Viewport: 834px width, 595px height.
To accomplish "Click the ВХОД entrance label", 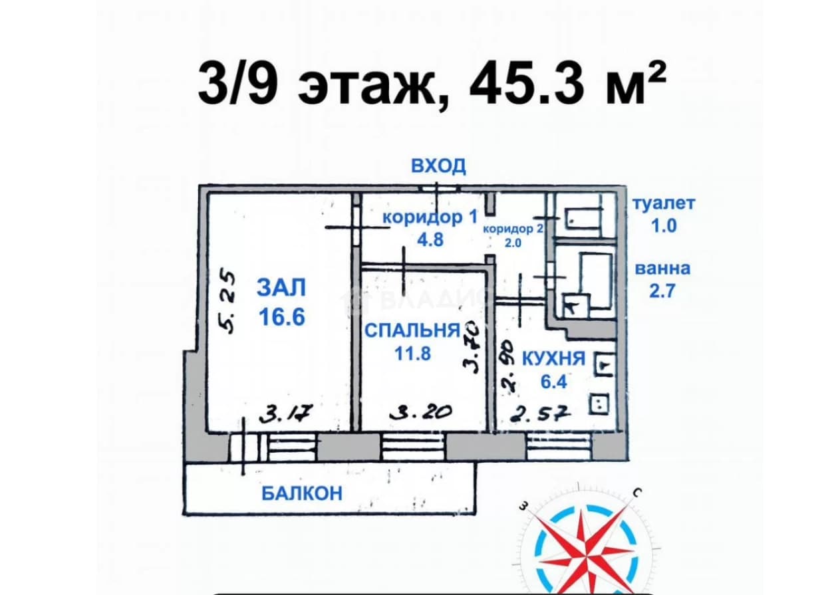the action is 438,166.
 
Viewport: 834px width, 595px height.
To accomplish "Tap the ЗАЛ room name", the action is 281,288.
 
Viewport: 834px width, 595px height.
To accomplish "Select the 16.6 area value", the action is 281,317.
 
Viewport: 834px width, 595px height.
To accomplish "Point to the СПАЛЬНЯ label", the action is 412,330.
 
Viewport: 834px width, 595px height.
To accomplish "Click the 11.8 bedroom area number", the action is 412,353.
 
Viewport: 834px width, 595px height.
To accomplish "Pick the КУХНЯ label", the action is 553,359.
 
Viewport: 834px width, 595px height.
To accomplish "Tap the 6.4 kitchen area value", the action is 553,382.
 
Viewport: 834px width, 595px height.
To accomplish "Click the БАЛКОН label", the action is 302,494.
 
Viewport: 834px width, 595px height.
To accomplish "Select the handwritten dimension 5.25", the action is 227,301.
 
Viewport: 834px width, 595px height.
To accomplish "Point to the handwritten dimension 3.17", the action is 285,414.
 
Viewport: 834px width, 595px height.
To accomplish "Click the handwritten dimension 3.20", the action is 421,412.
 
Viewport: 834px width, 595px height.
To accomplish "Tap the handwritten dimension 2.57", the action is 540,413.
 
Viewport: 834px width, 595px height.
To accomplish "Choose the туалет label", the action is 664,203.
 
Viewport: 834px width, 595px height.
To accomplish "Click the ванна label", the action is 662,269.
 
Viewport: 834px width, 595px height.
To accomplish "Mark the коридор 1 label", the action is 430,217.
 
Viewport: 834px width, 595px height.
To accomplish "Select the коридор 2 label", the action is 513,229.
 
